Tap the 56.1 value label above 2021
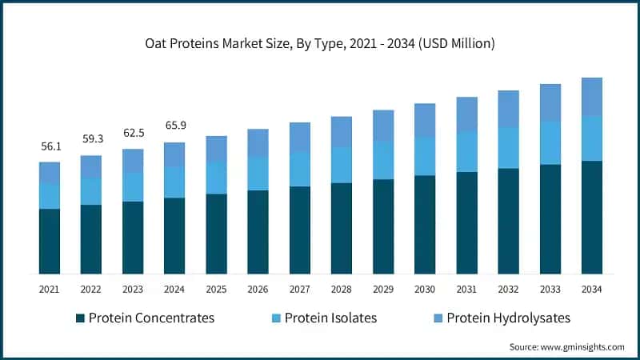50,146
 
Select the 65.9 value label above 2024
174,126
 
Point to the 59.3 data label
91,139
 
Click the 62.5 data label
133,133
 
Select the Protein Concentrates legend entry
144,318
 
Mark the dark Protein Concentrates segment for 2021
50,242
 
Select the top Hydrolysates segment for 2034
591,96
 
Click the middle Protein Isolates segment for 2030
425,156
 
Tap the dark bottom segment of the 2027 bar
299,230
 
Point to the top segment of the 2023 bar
133,161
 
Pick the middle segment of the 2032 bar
508,148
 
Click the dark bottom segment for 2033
550,219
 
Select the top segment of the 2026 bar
258,142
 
